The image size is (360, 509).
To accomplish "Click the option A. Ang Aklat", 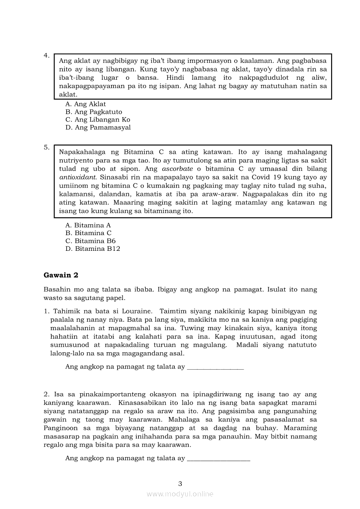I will coord(85,104).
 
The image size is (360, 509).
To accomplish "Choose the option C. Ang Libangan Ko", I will coord(98,120).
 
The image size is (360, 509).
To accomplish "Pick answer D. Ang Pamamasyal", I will coord(98,128).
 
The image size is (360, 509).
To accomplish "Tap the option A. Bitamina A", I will coord(88,225).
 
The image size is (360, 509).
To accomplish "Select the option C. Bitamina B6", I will coord(90,241).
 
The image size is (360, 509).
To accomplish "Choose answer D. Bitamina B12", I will coord(92,249).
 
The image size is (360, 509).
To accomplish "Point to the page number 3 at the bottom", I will coord(180,483).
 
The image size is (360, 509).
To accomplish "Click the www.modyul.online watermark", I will coord(180,494).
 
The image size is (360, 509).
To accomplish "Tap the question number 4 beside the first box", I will coord(46,55).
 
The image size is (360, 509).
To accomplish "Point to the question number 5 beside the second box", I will coord(46,147).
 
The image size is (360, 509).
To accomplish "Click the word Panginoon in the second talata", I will coord(62,428).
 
